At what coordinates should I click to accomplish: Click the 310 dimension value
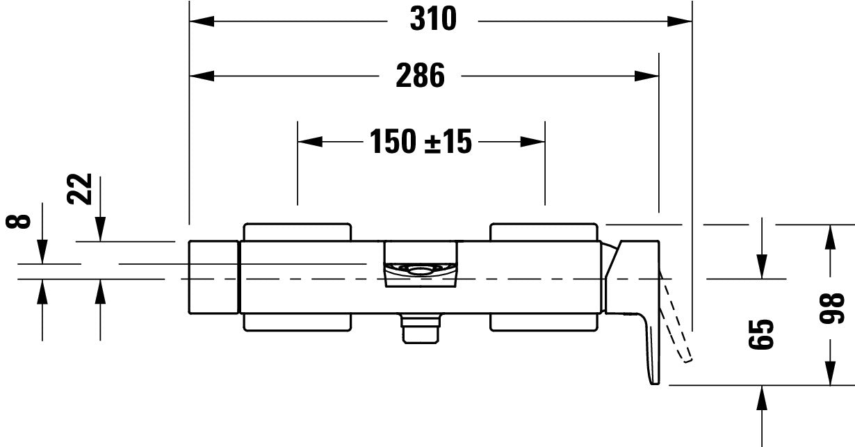click(x=432, y=19)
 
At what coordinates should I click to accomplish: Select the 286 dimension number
click(x=420, y=75)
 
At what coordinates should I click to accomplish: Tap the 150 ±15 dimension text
click(x=420, y=143)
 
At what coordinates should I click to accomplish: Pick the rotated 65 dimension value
click(x=763, y=335)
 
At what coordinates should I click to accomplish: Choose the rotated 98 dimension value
click(x=833, y=309)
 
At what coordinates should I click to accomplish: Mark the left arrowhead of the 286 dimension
click(x=202, y=76)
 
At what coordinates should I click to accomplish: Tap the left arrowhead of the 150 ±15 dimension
click(x=310, y=142)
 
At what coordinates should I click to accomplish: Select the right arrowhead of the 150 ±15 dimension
click(x=533, y=142)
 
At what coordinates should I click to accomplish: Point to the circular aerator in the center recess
click(x=421, y=269)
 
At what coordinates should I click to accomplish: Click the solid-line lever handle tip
click(x=653, y=375)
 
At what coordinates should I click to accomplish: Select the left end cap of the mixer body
click(x=213, y=277)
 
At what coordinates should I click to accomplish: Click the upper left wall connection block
click(x=297, y=231)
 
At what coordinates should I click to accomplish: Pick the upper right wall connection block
click(x=544, y=231)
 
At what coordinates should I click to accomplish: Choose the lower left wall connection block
click(x=297, y=322)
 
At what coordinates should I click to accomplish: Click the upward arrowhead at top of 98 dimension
click(x=829, y=236)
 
